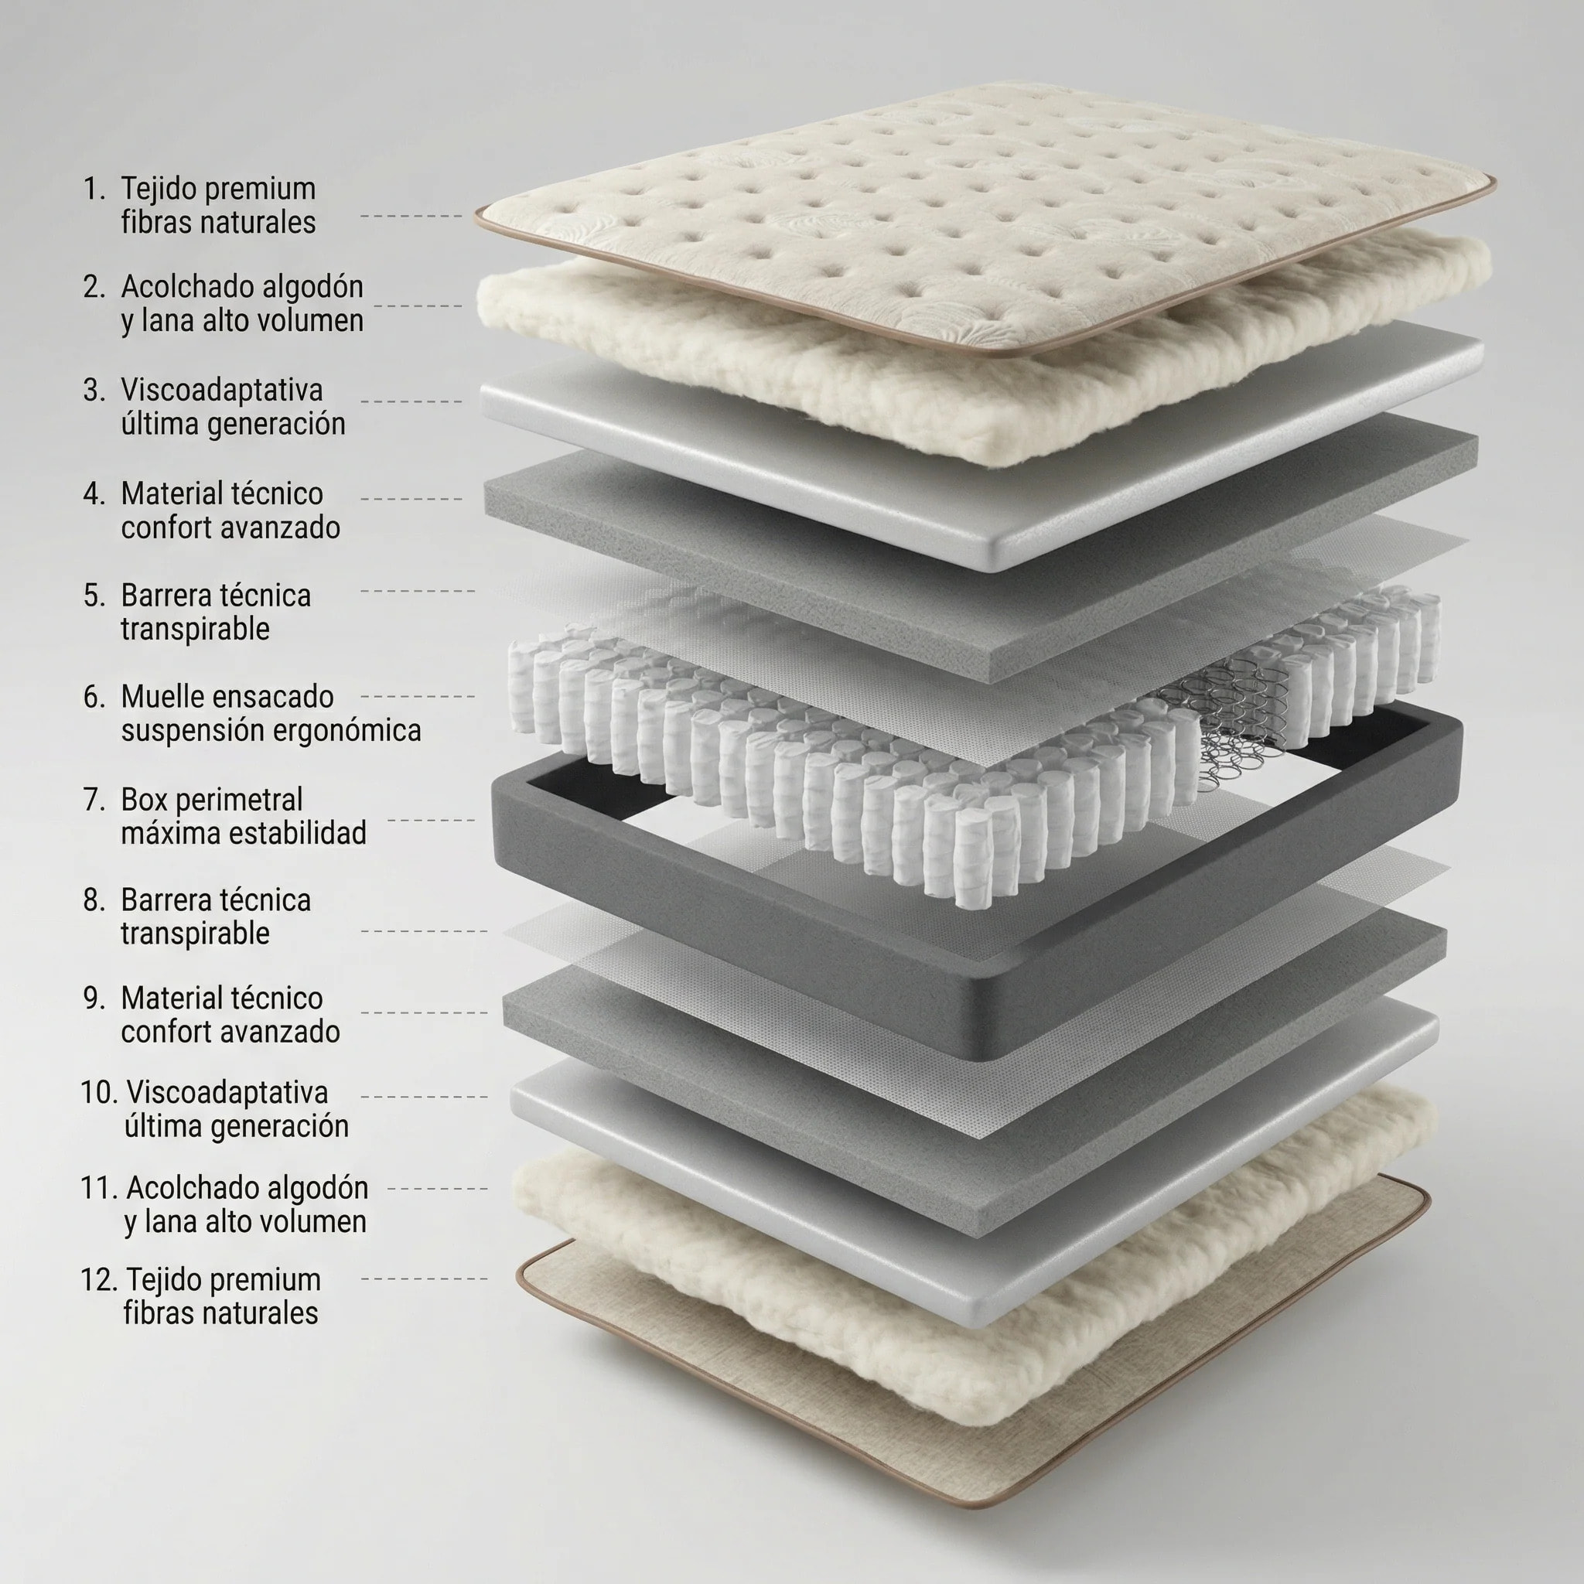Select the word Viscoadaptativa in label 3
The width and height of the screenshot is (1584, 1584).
pyautogui.click(x=221, y=391)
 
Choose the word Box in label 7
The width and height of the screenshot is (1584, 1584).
pyautogui.click(x=145, y=800)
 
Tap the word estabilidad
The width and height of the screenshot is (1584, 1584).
pyautogui.click(x=297, y=833)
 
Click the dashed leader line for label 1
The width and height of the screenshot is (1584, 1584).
pyautogui.click(x=411, y=216)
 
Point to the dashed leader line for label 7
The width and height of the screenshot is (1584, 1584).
pyautogui.click(x=432, y=820)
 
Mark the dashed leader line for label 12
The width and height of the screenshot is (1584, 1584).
pyautogui.click(x=424, y=1278)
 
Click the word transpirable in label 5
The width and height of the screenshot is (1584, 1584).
pyautogui.click(x=195, y=630)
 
